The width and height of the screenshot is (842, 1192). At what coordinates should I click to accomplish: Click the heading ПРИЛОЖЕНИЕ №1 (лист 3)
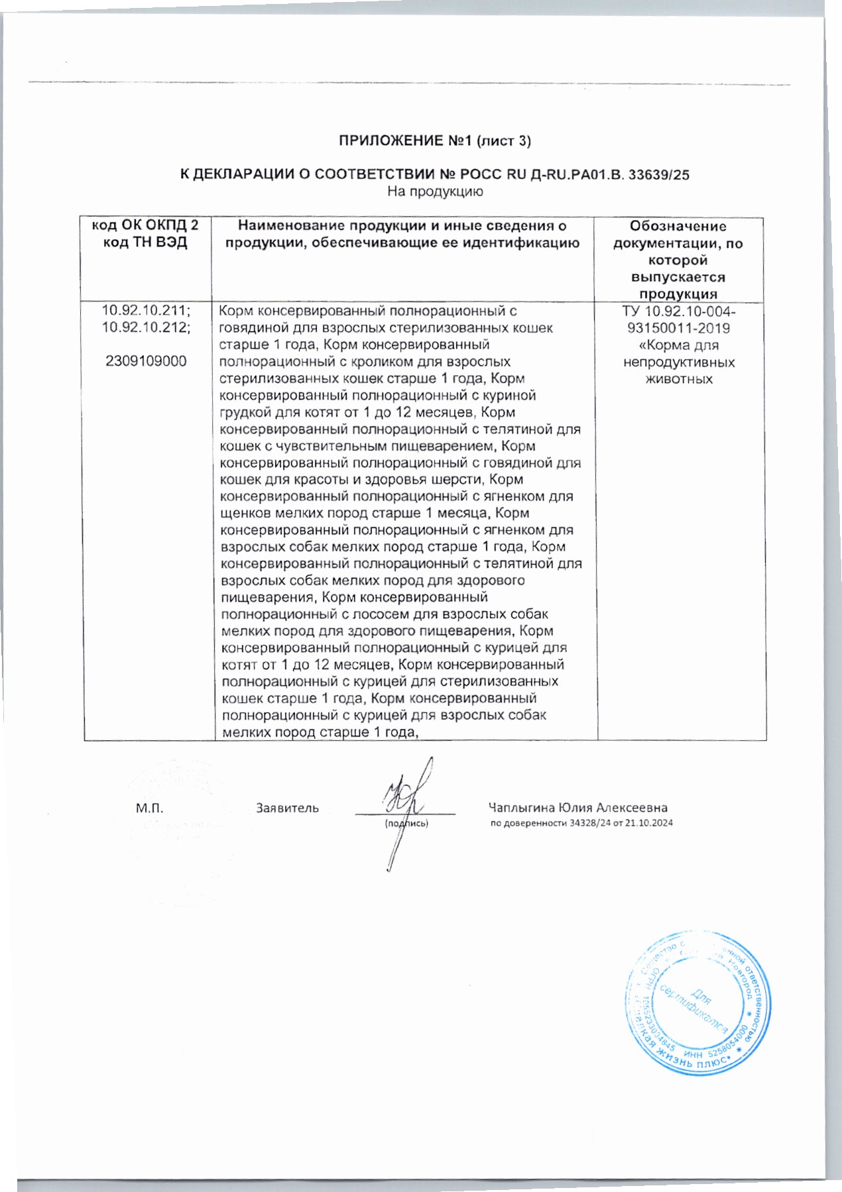pos(435,141)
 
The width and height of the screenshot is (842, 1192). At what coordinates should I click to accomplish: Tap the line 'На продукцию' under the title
pos(435,192)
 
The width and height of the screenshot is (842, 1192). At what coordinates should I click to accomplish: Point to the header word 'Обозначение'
pos(678,227)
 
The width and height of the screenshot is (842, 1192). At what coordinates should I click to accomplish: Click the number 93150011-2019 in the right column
pos(678,328)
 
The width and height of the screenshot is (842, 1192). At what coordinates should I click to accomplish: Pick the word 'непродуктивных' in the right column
pos(679,362)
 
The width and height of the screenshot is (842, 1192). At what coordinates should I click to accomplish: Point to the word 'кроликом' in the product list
pos(403,362)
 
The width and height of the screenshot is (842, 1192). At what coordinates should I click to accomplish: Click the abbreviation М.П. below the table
pos(149,808)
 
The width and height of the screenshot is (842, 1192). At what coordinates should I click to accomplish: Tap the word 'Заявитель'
pos(287,808)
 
